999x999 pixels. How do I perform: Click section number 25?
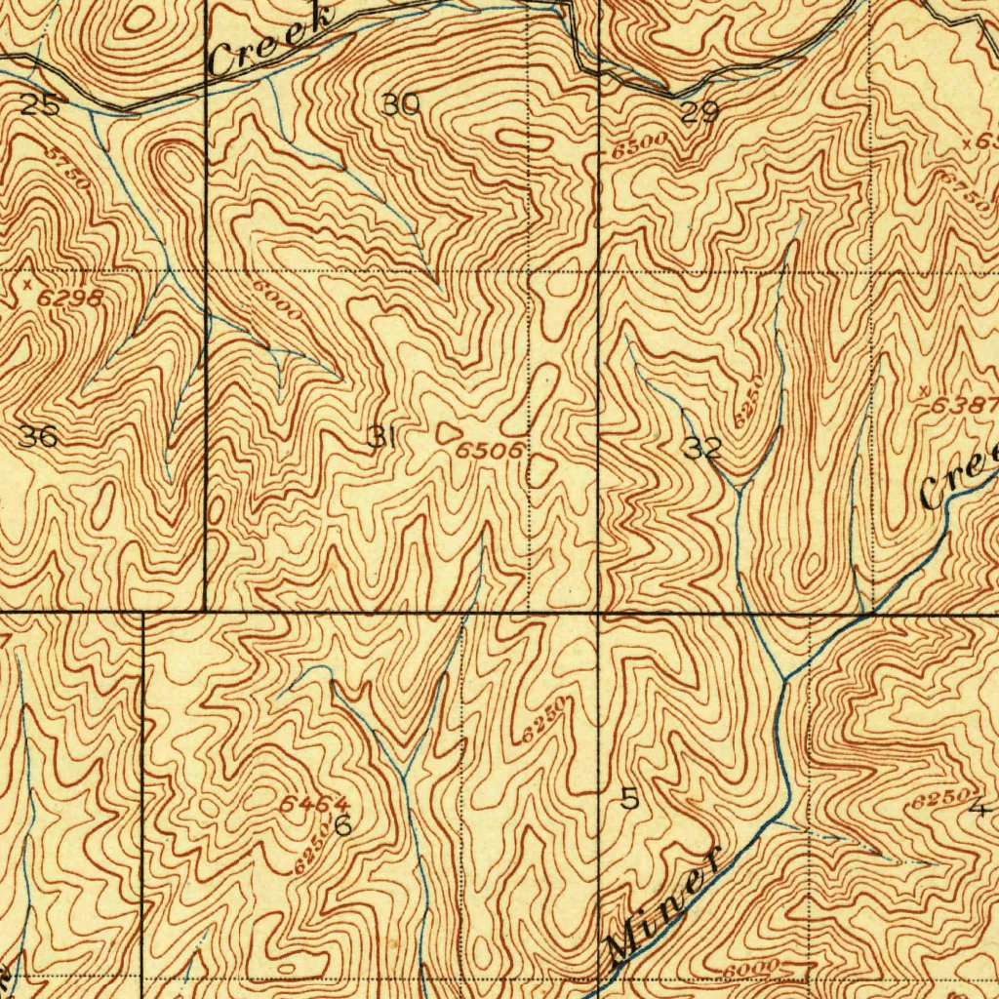tap(40, 106)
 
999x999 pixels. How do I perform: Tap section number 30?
tap(400, 104)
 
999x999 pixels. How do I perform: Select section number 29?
tap(699, 113)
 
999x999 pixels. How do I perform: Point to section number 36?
tap(38, 436)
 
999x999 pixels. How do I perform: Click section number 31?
tap(380, 438)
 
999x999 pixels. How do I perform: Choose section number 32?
tap(702, 449)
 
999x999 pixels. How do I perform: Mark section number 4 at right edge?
tap(979, 807)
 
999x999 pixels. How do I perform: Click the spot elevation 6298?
tap(71, 299)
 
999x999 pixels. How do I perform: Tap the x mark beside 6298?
tap(28, 283)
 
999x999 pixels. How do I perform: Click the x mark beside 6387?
tap(924, 390)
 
